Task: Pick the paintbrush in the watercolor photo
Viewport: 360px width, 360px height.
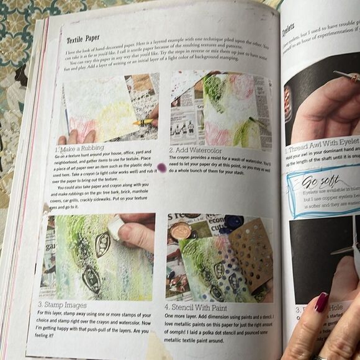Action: click(x=256, y=121)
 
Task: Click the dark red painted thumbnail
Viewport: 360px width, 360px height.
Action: click(x=322, y=302)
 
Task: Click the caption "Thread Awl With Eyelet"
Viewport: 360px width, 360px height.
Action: click(x=323, y=149)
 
